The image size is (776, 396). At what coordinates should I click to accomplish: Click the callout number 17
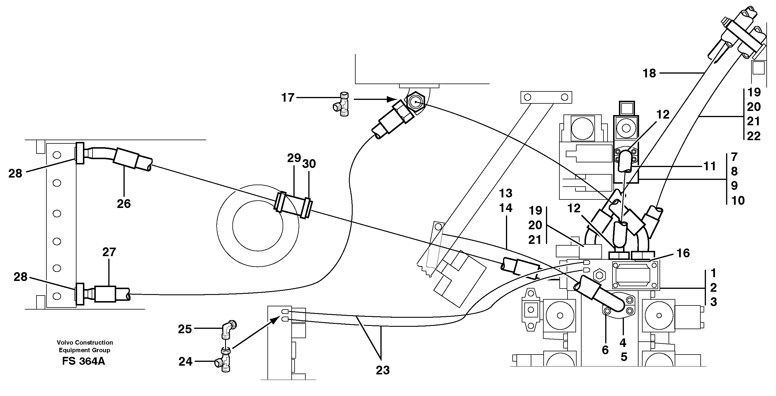pos(288,98)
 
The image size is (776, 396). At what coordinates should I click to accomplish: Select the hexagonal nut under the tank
pos(415,102)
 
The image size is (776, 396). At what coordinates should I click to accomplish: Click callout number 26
pos(124,204)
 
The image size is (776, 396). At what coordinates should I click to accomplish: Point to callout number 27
pos(109,252)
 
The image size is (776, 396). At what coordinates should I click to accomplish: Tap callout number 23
pos(382,370)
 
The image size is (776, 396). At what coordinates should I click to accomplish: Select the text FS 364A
pos(83,361)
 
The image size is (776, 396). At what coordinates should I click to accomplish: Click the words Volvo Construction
pos(85,342)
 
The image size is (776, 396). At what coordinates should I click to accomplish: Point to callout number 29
pos(294,158)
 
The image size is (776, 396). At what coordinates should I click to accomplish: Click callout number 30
pos(309,164)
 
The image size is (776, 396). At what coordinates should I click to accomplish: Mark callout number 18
pos(649,73)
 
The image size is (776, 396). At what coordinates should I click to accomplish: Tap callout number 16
pos(683,253)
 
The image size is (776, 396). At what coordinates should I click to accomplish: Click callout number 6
pos(605,350)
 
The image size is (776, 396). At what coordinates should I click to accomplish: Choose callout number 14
pos(505,208)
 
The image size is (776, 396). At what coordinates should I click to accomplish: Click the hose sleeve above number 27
pos(105,294)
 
